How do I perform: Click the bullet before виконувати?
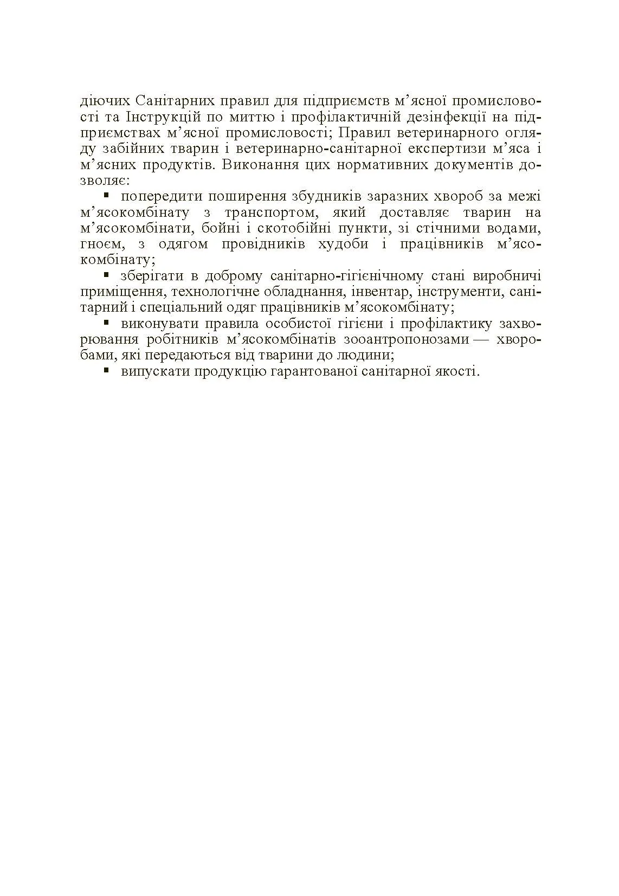coord(107,322)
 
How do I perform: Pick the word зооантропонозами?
coord(406,339)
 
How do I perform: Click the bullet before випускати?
coord(107,370)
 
